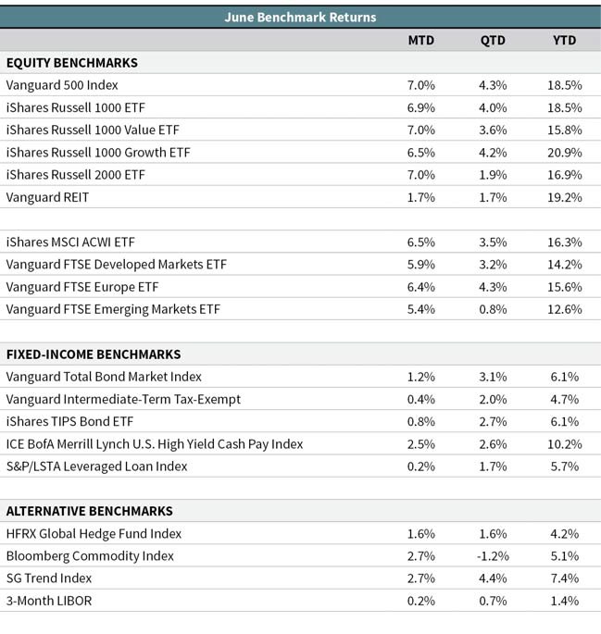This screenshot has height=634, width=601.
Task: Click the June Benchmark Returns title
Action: [300, 17]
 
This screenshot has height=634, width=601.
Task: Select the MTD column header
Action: [421, 40]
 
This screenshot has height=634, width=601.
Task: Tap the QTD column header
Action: [493, 41]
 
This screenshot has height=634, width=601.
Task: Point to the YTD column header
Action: [565, 40]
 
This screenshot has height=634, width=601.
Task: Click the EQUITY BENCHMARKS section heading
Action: [72, 63]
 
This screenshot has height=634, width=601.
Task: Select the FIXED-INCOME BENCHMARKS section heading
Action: [94, 354]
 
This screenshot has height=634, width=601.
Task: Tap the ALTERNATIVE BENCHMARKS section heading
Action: [90, 511]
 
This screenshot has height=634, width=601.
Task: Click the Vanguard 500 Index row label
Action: [62, 85]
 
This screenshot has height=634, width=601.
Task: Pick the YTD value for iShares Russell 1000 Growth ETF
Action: [565, 153]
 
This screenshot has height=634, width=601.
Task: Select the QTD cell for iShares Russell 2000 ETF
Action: [493, 175]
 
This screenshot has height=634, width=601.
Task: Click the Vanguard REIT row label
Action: [47, 197]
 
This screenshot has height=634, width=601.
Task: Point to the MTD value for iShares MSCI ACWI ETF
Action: [421, 242]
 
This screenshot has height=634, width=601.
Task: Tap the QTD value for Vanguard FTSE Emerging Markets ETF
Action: [493, 309]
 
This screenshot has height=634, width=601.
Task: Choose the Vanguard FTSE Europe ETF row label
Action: [82, 287]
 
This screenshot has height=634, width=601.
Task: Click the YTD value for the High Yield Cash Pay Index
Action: [565, 444]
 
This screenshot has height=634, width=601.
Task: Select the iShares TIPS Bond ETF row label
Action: [69, 421]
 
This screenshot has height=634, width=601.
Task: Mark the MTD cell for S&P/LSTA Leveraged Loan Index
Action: [421, 466]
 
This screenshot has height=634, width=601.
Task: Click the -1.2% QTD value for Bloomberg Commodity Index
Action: [493, 556]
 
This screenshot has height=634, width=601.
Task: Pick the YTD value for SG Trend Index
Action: [565, 578]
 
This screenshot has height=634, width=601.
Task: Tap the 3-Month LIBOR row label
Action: [49, 601]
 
